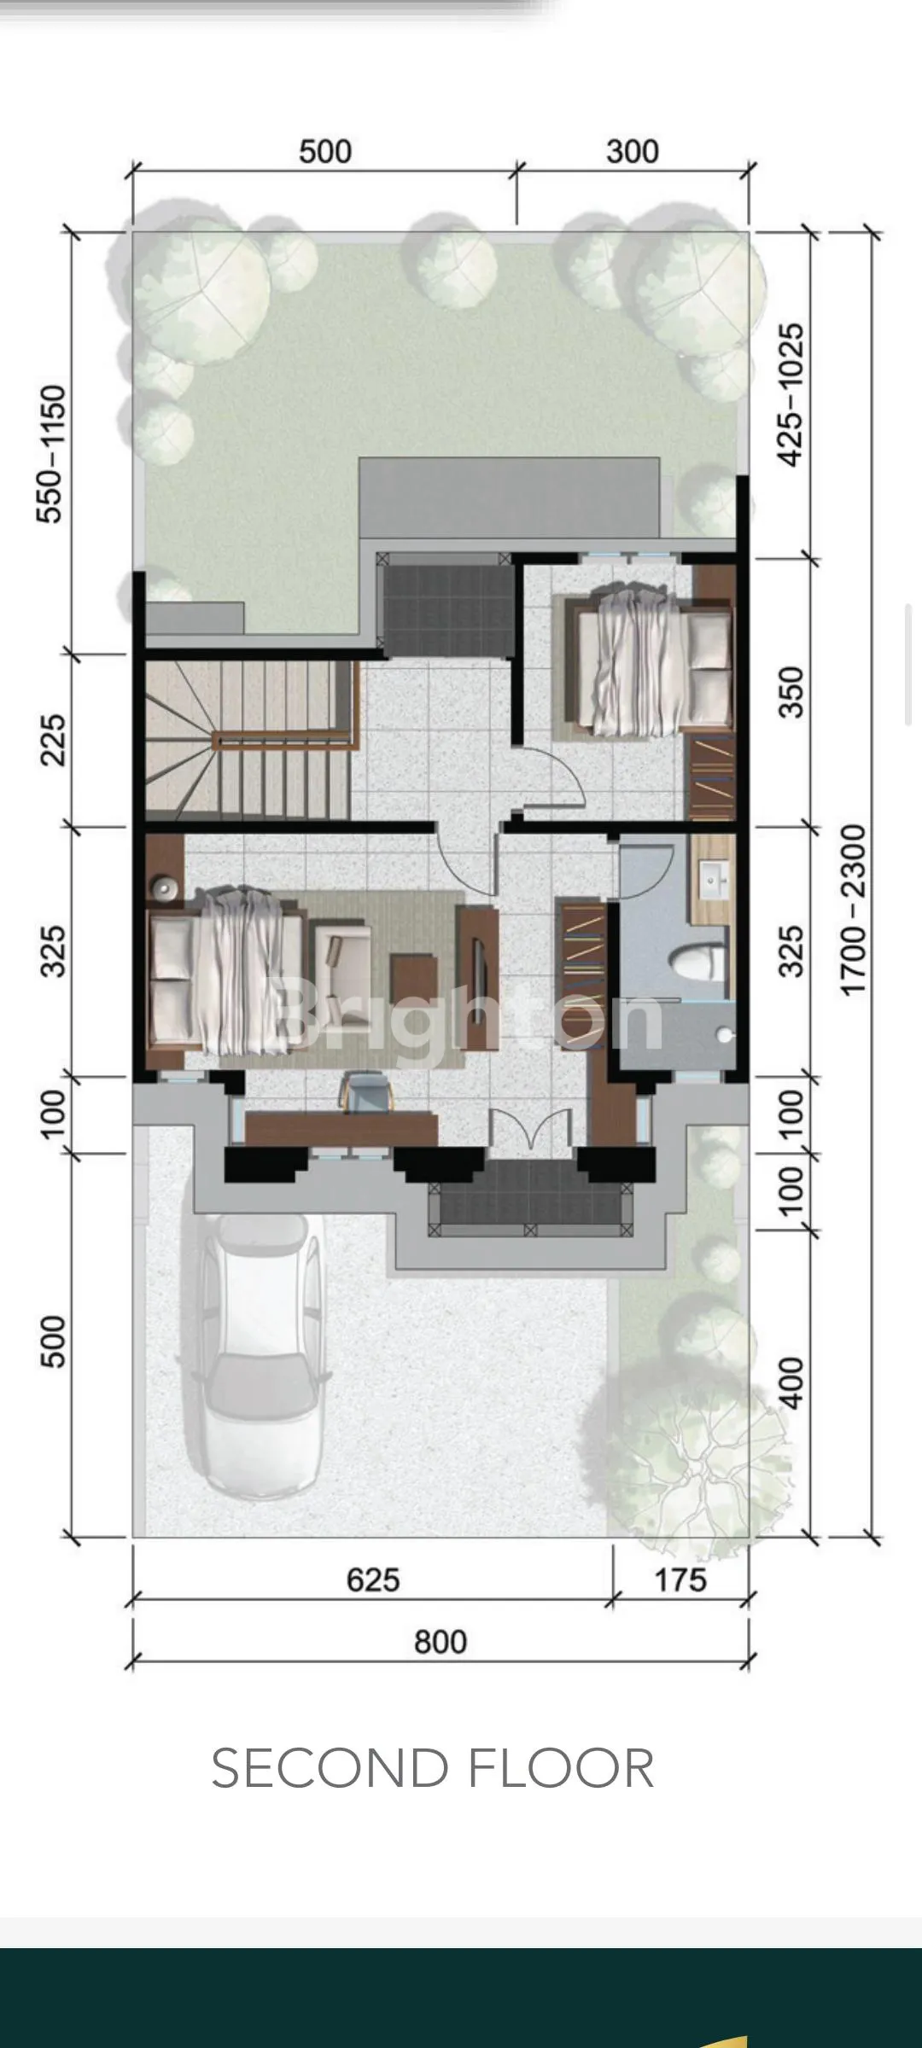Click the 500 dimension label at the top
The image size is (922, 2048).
(325, 152)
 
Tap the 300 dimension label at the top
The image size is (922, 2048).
(633, 152)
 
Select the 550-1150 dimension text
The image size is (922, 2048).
(52, 454)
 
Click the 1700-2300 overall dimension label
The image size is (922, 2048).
(853, 910)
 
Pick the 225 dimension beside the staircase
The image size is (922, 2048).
(52, 740)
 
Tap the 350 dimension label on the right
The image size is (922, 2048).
(791, 692)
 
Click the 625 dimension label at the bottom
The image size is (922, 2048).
(373, 1580)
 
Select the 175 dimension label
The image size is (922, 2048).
(680, 1580)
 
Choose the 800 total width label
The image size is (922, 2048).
(441, 1642)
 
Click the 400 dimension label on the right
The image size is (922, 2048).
(791, 1382)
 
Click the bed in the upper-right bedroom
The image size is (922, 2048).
(646, 664)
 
